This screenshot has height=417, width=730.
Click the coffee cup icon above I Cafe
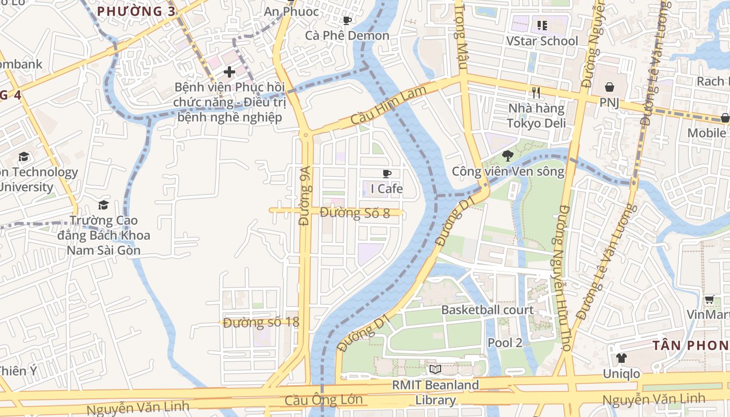(386, 174)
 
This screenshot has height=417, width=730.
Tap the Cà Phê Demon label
(347, 35)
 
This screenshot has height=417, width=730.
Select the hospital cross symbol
(229, 71)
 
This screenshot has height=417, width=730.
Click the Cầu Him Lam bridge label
(388, 105)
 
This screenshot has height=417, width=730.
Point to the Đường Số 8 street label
(355, 213)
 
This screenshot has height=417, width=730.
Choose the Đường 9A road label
(305, 195)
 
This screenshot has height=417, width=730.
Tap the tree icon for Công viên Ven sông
(507, 155)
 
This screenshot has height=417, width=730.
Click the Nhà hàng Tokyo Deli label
(536, 116)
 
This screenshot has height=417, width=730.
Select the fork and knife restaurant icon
(536, 93)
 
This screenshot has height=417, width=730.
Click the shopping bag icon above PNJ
(609, 87)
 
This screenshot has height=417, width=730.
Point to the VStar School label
(542, 41)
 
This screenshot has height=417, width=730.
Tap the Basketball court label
(488, 310)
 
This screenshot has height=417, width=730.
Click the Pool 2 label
(505, 342)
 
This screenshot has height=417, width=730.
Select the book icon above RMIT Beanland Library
(435, 369)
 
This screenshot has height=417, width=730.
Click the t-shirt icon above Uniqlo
(621, 358)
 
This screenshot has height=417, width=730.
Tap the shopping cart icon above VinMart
(709, 299)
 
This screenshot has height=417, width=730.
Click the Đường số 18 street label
(261, 322)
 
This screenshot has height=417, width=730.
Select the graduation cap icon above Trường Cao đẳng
(103, 205)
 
